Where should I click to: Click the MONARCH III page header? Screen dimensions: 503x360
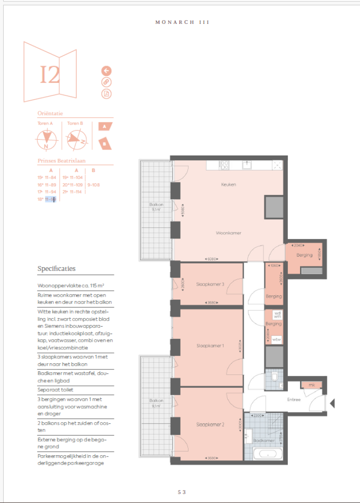coord(182,22)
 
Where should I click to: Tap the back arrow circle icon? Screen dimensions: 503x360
coord(106,71)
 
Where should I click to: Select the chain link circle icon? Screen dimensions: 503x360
coord(106,83)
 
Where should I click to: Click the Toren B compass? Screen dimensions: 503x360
coord(75,139)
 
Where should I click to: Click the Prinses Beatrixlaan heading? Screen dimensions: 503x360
coord(61,161)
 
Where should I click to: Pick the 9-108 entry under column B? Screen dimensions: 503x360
coord(93,185)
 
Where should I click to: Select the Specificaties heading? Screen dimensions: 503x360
coord(56,269)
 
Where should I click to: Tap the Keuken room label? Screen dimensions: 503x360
coord(228,185)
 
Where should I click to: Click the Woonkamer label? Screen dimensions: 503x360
coord(228,233)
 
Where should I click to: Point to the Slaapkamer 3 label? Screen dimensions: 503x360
coord(210,284)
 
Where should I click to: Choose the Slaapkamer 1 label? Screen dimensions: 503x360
coord(210,346)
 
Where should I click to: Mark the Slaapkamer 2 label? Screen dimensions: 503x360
coord(210,425)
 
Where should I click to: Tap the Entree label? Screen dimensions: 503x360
coord(294,400)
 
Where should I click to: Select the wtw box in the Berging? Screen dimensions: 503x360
coord(277,339)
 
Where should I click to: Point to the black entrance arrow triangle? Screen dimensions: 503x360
coord(332,403)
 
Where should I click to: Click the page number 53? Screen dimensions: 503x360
coord(182,492)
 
